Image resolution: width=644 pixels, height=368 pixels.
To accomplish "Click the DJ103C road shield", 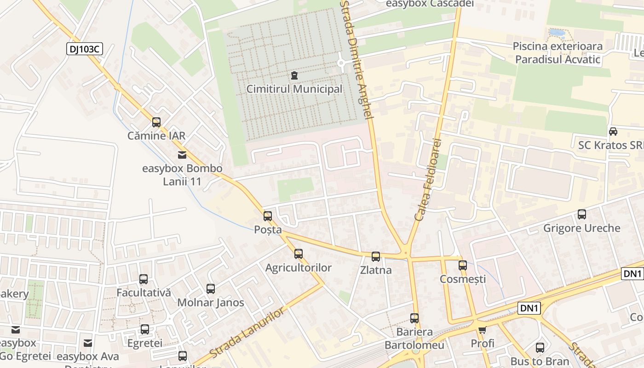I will coord(84,49).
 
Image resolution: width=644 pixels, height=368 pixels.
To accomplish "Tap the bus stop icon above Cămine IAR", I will coord(156,122).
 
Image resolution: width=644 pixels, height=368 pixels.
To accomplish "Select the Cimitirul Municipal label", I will coord(294,89).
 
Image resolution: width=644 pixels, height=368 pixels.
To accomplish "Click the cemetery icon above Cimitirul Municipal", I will coord(294,75).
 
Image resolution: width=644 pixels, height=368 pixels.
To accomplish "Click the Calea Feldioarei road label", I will coord(428,179).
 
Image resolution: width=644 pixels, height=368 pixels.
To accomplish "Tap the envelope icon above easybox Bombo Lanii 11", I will coord(182,155).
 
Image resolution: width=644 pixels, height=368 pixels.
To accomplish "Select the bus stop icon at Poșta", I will coord(268,216).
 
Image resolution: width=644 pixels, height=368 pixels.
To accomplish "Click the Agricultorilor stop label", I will coord(299,268).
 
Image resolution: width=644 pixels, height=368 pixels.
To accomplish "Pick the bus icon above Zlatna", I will coord(376,257).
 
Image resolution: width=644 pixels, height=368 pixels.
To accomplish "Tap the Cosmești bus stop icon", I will coord(463,265).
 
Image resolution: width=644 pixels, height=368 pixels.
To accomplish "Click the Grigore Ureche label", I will coord(581,228).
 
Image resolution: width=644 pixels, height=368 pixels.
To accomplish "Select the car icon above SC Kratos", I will coord(613,132).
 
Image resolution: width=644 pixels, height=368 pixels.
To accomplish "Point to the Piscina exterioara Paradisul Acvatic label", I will coord(558,53).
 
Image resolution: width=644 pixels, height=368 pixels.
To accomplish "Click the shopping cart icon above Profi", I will coord(482,330).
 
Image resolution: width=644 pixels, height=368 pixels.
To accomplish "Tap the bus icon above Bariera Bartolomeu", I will coord(414,318).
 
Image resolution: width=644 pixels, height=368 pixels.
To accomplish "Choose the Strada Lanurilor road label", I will coord(247,333).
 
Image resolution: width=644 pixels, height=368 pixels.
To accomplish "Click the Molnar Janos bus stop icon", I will coord(211,289).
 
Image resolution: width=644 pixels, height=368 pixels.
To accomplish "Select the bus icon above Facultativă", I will coord(144,279).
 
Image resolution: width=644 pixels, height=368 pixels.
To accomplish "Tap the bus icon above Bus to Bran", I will coord(540,348).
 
